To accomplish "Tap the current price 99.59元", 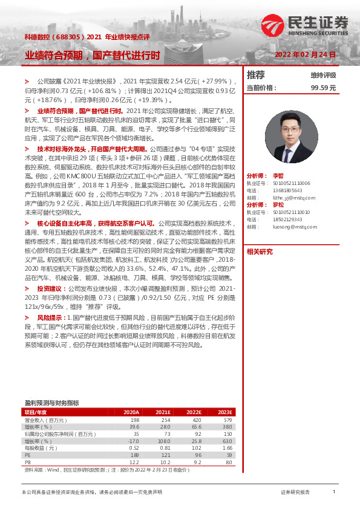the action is tap(323, 88).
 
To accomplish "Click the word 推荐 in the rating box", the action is tap(257, 75).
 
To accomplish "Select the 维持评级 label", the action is tap(323, 76).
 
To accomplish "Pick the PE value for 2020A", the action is tap(135, 455).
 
